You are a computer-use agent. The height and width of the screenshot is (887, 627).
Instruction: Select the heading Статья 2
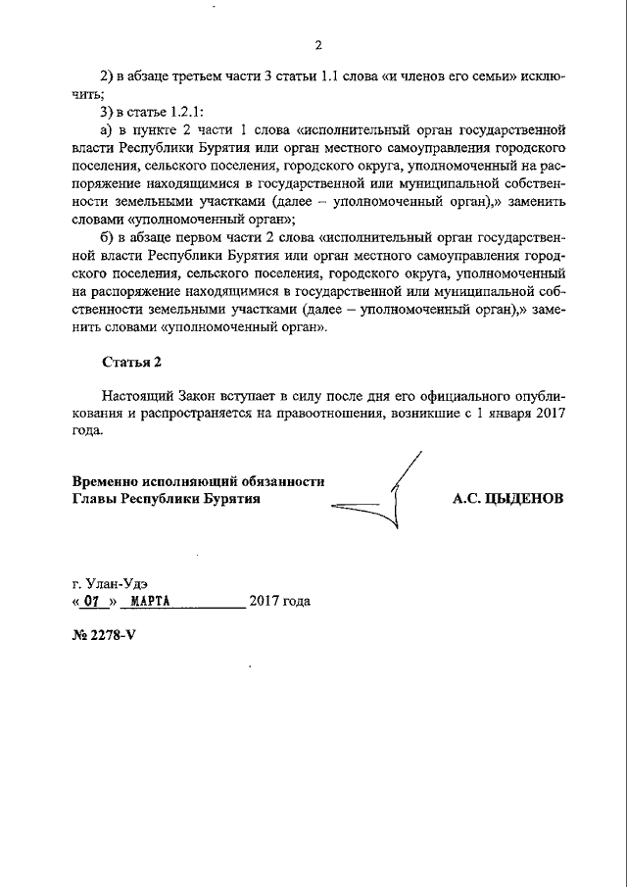click(x=132, y=362)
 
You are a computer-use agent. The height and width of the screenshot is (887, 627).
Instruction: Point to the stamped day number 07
click(x=93, y=602)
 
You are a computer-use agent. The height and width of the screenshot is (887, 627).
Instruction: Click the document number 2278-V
click(x=111, y=635)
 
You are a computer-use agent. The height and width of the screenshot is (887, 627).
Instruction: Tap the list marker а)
click(x=110, y=128)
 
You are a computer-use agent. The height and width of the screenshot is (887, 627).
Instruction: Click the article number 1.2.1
click(x=182, y=111)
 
